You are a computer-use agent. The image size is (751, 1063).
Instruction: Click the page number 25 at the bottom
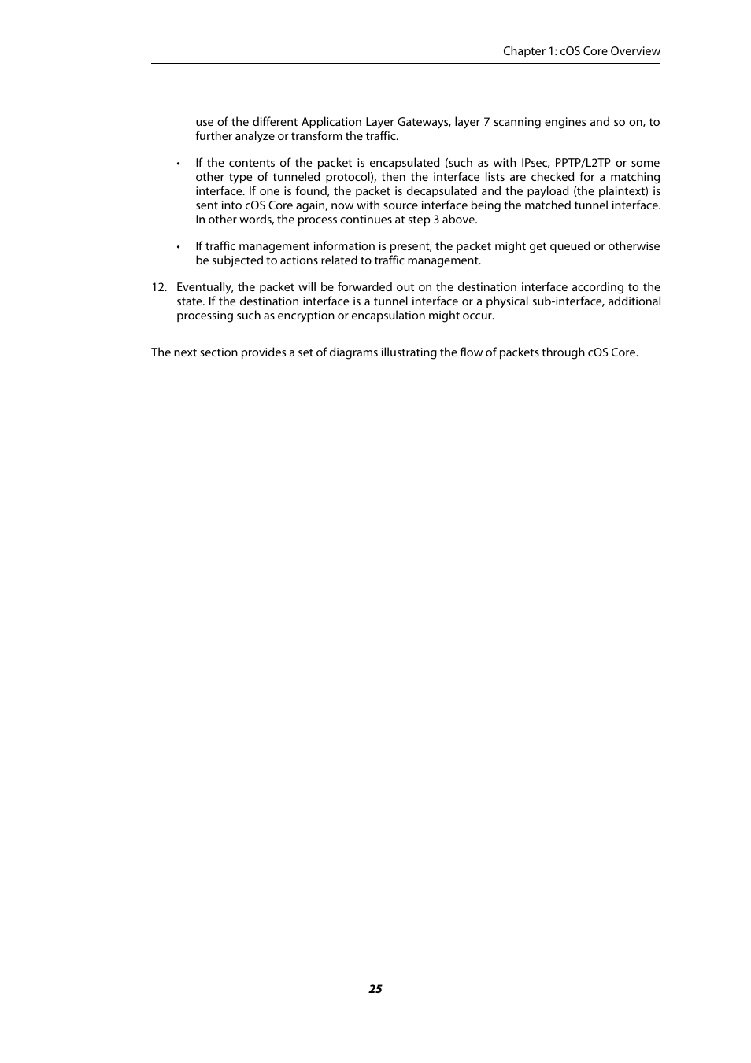(x=375, y=989)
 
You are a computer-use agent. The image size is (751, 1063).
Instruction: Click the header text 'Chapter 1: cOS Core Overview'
(x=581, y=51)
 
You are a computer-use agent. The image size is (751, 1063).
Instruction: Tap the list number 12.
(x=159, y=287)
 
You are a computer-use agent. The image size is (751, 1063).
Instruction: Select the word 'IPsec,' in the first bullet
(x=535, y=163)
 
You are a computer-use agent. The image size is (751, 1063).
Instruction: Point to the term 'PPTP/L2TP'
(x=583, y=163)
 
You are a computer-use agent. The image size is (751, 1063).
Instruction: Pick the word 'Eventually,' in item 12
(x=205, y=287)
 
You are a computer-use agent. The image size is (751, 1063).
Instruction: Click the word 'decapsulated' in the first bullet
(x=442, y=191)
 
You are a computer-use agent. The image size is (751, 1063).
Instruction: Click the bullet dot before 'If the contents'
(x=179, y=164)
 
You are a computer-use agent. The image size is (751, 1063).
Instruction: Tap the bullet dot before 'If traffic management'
(x=179, y=247)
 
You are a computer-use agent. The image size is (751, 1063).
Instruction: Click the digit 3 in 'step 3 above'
(x=436, y=220)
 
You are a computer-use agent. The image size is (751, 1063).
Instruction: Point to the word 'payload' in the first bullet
(x=547, y=191)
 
